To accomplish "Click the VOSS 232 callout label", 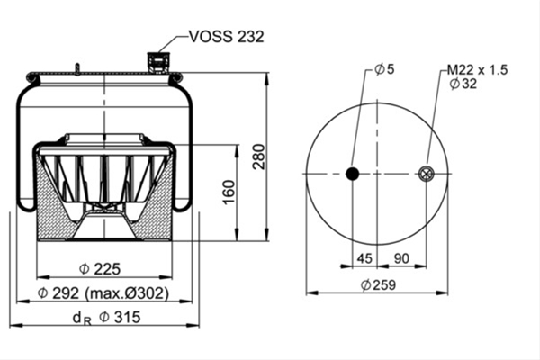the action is point(227,37).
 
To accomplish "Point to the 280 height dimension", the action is point(259,157).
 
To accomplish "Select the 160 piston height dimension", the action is point(229,193).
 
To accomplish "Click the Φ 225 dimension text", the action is point(100,269).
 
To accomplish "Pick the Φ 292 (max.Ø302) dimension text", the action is point(103,293).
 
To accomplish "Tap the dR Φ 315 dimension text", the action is point(107,318).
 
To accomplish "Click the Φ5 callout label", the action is point(384,69).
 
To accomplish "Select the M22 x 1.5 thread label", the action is point(477,70).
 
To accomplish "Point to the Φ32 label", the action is point(463,84).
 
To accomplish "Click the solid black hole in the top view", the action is point(352,174).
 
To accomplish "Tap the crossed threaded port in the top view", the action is point(426,174).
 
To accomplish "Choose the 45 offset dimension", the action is point(364,258).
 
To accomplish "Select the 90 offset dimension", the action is point(401,258).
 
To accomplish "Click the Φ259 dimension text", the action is point(378,285).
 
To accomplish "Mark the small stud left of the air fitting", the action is point(77,68).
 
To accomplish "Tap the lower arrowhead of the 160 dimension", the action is point(237,234).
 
